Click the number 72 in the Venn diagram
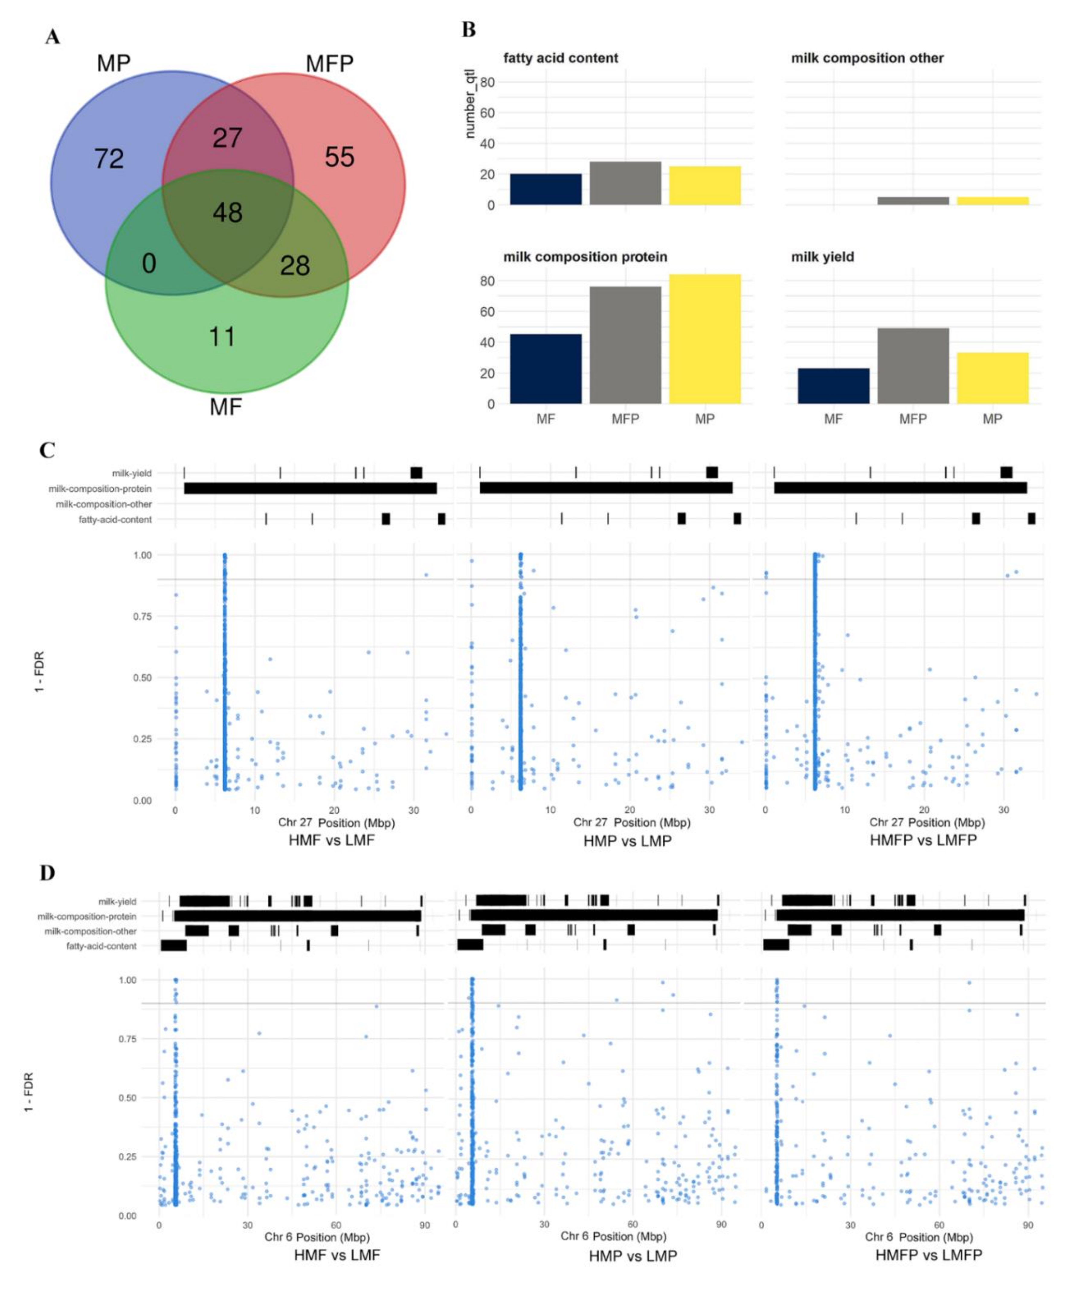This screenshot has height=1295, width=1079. [x=109, y=159]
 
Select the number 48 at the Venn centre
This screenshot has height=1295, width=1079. [x=227, y=213]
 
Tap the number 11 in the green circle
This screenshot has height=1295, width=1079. [x=222, y=337]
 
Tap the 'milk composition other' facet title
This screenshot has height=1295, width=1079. [x=867, y=58]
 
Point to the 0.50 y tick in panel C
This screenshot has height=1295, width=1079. [x=142, y=678]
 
